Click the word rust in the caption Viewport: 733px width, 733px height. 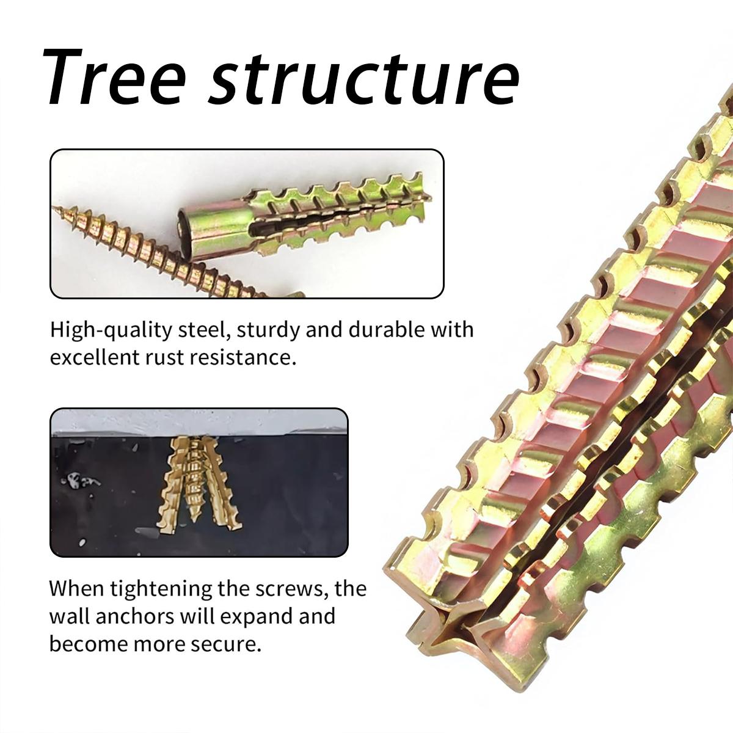164,357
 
